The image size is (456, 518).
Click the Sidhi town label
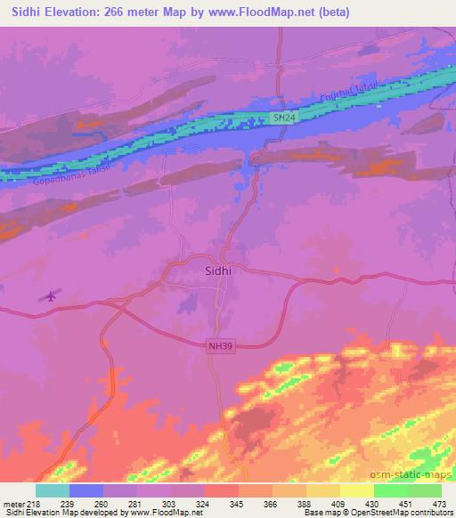(219, 264)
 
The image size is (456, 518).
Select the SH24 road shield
(282, 117)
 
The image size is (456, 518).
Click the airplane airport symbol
(49, 296)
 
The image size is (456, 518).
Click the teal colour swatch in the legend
(52, 490)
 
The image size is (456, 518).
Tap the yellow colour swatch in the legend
(357, 490)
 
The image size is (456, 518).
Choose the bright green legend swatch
(391, 490)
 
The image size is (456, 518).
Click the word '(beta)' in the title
(330, 12)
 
